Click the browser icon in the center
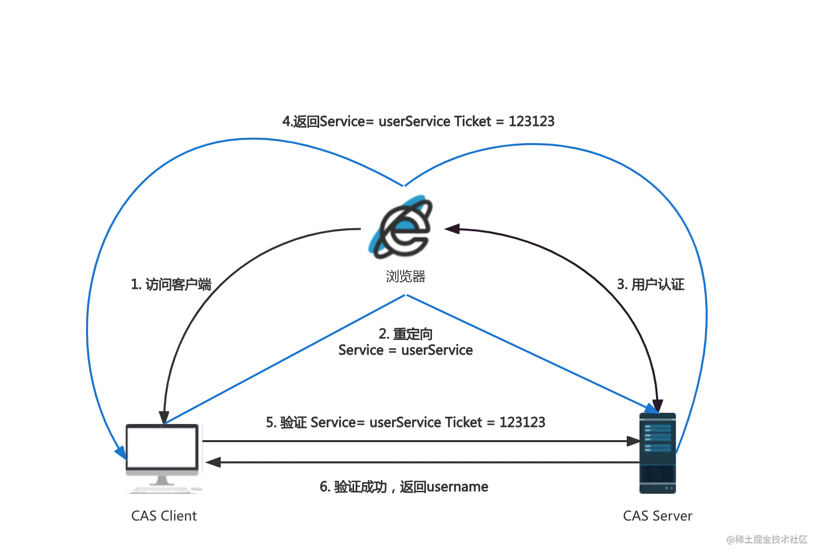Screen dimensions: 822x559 [401, 227]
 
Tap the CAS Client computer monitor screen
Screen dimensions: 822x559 [162, 447]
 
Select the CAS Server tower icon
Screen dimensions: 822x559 [657, 453]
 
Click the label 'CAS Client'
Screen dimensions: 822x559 [164, 515]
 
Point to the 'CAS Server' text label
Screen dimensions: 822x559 [657, 515]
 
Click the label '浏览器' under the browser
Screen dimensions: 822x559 [406, 276]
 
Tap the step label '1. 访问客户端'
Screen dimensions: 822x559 [171, 284]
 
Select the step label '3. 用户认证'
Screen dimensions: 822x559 [650, 284]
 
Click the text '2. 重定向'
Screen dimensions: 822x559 [406, 334]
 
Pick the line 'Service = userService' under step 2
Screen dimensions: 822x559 [406, 350]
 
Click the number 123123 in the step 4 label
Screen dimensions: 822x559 [531, 121]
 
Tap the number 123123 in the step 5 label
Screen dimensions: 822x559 [522, 422]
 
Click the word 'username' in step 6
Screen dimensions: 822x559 [457, 487]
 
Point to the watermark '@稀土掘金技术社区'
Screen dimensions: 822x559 [767, 539]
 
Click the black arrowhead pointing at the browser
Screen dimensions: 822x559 [452, 229]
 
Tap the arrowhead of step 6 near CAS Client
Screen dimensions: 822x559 [213, 462]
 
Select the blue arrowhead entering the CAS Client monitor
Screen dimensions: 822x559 [121, 453]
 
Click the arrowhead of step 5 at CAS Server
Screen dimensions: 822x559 [633, 441]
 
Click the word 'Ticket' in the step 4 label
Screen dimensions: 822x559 [472, 121]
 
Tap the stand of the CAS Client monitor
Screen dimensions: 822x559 [162, 481]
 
